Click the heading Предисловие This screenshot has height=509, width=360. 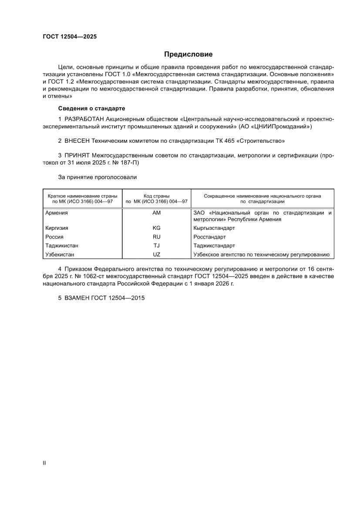click(188, 54)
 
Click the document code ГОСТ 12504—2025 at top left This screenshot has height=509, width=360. click(70, 37)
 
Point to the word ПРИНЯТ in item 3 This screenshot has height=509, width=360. click(77, 155)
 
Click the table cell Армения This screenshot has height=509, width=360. click(57, 213)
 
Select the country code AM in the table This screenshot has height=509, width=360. click(157, 213)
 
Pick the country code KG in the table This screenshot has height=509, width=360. click(157, 228)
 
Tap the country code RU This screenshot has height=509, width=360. click(157, 237)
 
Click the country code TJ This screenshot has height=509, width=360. click(157, 246)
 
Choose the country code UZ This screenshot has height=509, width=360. click(157, 255)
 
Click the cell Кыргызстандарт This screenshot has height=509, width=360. click(214, 228)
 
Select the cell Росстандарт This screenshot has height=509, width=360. click(209, 237)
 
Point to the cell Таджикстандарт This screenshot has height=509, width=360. click(214, 246)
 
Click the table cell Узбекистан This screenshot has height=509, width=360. click(60, 255)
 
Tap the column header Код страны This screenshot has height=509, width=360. click(157, 196)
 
